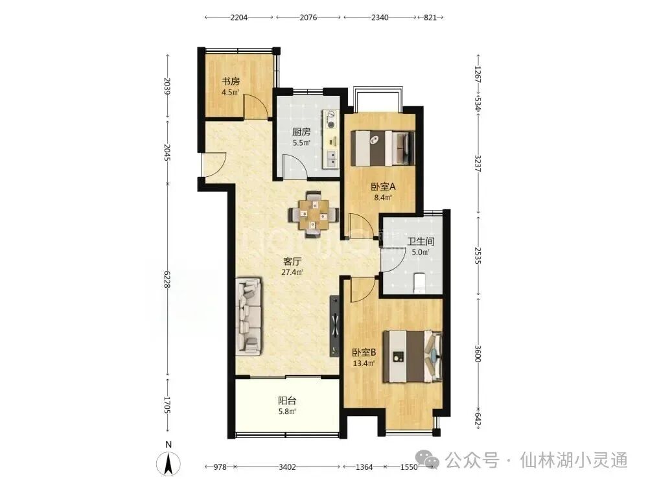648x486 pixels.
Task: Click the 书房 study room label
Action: (x=231, y=82)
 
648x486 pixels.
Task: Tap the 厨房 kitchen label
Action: (x=301, y=132)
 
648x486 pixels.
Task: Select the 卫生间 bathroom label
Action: (x=421, y=241)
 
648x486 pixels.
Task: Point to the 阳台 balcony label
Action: (x=287, y=400)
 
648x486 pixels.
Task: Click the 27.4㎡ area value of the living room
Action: (x=292, y=272)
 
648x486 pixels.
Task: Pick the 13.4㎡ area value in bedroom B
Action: (x=364, y=364)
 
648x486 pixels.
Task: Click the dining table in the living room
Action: (x=314, y=214)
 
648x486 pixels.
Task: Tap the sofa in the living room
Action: (x=249, y=317)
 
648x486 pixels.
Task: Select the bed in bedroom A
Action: (x=383, y=148)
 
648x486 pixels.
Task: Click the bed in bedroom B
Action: (x=412, y=356)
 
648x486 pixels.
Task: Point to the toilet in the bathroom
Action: (x=419, y=283)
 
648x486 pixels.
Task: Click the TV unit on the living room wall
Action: (x=334, y=327)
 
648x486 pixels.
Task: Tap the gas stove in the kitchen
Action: (x=331, y=119)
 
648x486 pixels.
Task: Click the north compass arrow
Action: (x=168, y=464)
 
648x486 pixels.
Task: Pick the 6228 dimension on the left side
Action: (x=167, y=280)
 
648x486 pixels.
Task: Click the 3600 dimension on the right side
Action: (x=478, y=354)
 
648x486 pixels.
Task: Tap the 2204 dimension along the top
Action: (x=239, y=17)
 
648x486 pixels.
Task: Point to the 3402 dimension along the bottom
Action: (x=287, y=467)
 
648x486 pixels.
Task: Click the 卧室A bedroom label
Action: (x=383, y=187)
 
